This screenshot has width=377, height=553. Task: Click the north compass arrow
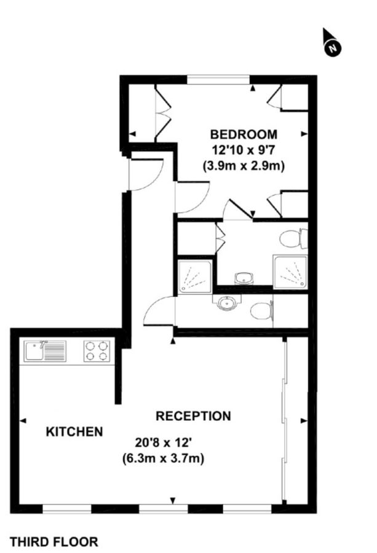(332, 44)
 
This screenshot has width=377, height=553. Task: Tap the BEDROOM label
(244, 135)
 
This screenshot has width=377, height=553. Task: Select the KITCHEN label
(74, 432)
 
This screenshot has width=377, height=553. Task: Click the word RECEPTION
(193, 416)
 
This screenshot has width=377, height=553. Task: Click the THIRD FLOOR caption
(54, 541)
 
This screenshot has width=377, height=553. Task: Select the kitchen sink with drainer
(44, 351)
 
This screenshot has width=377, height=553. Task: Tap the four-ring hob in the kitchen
(97, 351)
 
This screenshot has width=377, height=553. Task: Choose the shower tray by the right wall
(290, 272)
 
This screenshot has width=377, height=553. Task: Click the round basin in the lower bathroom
(227, 303)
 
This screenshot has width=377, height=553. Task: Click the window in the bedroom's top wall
(219, 79)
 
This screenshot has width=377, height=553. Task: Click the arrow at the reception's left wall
(23, 421)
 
